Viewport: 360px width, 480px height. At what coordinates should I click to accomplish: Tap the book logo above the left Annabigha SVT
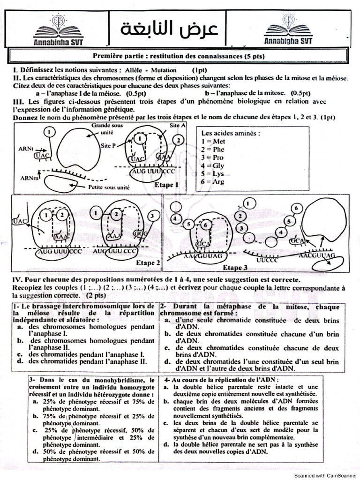59,26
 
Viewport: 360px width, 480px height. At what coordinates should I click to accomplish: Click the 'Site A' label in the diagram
176,126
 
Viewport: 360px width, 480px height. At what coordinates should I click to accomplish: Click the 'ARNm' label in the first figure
29,178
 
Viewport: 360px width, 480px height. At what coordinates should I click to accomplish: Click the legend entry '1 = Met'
213,141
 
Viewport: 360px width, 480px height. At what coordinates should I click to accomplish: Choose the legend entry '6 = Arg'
213,181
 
